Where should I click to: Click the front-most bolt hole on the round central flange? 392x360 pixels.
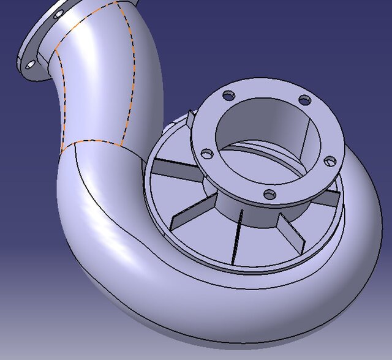269,194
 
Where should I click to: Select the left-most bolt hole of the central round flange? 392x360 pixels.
207,154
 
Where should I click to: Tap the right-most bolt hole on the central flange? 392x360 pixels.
330,161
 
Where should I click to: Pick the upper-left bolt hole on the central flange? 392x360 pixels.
228,96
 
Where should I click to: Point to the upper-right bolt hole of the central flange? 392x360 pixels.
304,100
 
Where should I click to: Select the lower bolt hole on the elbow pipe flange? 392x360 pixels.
30,64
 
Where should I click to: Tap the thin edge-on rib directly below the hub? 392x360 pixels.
237,236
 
